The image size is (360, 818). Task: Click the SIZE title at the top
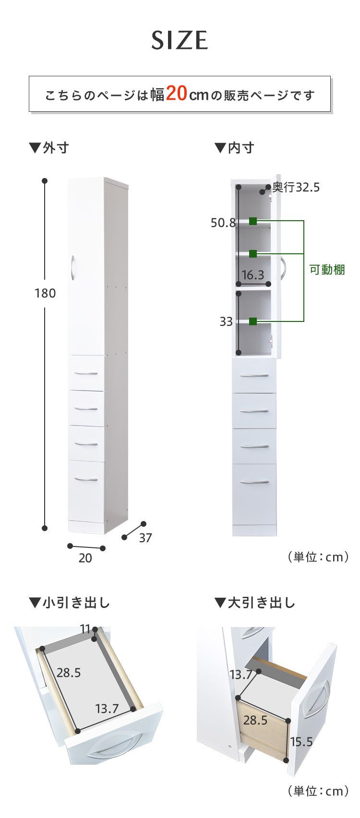180,40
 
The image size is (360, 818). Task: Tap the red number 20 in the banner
176,94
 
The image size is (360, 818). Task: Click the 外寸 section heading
49,148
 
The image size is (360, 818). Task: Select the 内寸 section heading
234,148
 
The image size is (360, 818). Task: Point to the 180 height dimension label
45,293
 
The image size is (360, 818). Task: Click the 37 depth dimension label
145,538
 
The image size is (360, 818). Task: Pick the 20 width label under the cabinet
85,558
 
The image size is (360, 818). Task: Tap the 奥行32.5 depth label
296,187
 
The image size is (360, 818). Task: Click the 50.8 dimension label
223,223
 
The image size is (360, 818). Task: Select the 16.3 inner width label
253,275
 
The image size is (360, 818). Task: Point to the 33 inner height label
226,321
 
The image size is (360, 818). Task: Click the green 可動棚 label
327,270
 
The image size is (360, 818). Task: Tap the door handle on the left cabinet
72,267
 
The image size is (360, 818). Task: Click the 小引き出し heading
70,603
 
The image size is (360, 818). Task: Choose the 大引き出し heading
255,603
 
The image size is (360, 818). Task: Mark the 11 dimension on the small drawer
85,629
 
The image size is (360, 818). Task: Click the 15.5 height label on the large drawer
301,742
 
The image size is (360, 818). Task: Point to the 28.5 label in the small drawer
69,673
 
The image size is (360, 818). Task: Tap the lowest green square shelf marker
253,321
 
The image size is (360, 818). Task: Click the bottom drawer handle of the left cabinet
86,479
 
